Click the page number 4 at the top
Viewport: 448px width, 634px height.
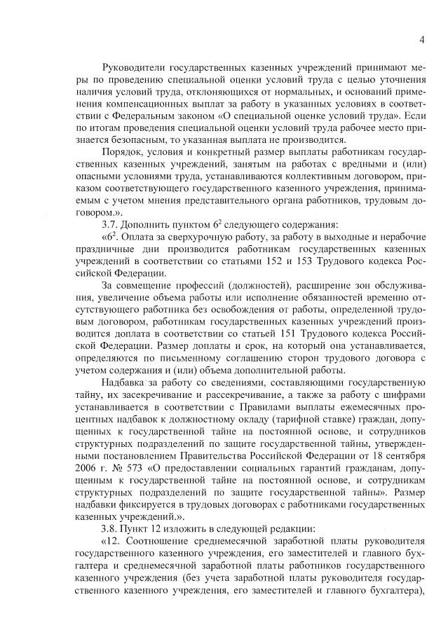[x=422, y=40]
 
